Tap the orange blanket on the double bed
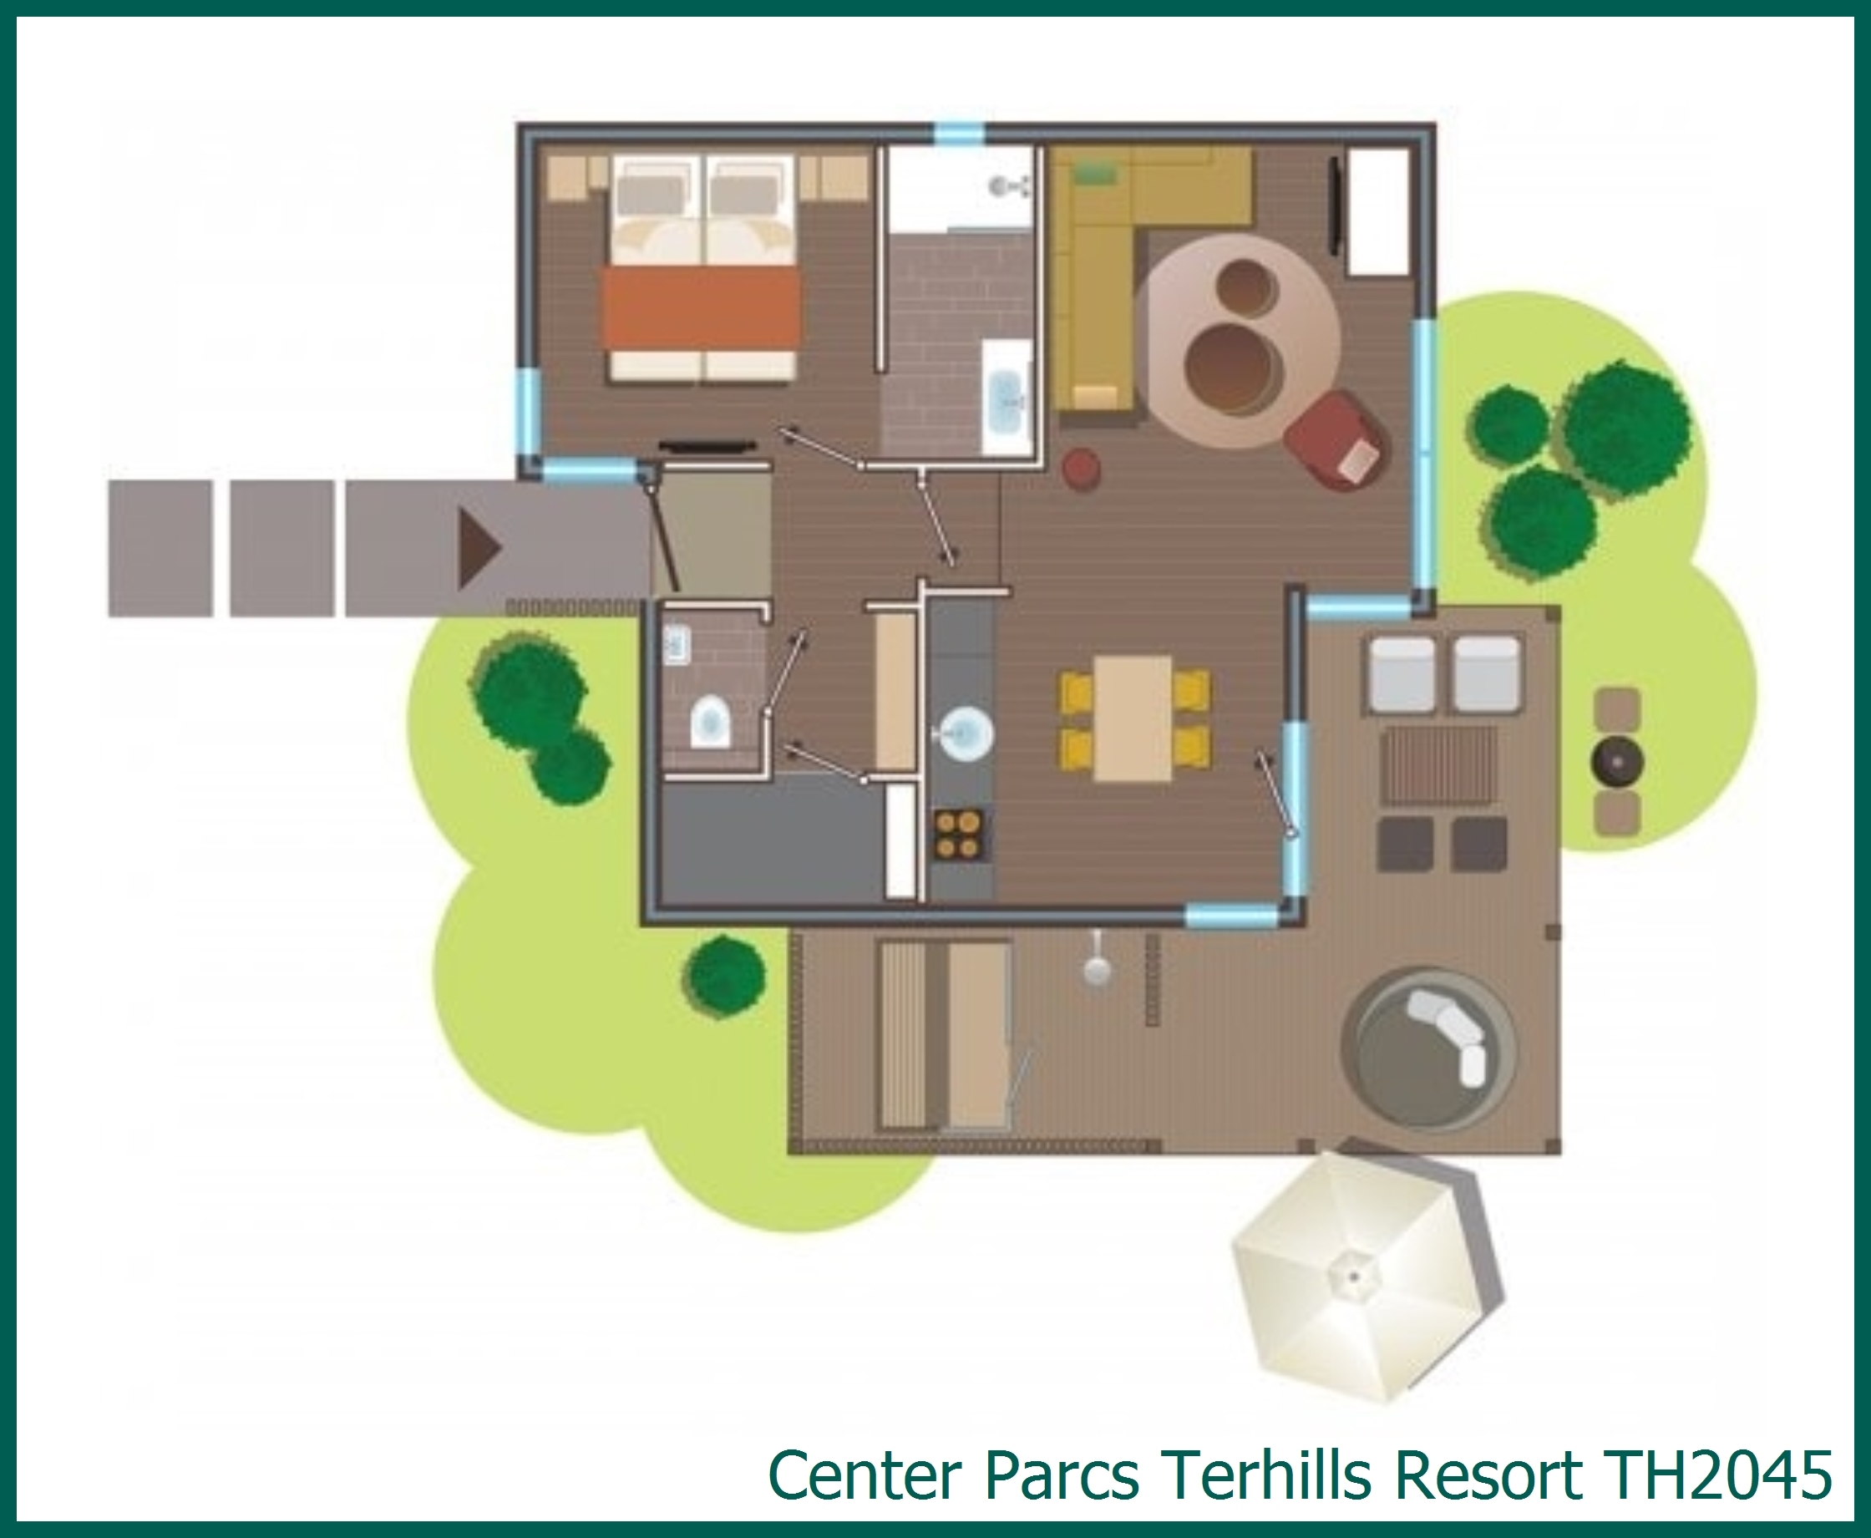tap(701, 309)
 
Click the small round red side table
tap(1081, 468)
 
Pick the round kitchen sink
tap(964, 733)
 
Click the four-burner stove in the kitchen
tap(960, 835)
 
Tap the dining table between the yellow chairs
tap(1133, 718)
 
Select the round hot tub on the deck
tap(1428, 1050)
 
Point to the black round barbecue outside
tap(1618, 763)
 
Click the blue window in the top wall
tap(959, 134)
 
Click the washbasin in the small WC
tap(677, 645)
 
